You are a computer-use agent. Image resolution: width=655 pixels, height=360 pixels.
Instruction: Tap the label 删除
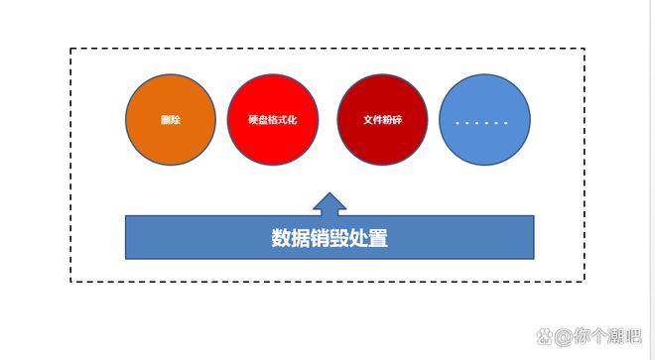pos(170,120)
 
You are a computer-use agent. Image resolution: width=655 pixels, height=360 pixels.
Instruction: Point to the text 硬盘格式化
pos(272,120)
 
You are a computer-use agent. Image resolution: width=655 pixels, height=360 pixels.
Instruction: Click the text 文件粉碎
pos(382,120)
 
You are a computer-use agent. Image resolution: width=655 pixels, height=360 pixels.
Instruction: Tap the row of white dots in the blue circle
pos(481,123)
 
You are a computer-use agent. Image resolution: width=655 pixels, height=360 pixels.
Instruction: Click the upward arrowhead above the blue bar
pos(329,203)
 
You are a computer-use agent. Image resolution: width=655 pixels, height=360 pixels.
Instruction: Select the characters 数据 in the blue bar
pos(286,238)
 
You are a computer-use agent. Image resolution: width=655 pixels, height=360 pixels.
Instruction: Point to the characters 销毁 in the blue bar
pos(329,238)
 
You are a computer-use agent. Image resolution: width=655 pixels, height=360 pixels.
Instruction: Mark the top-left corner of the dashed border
pos(70,49)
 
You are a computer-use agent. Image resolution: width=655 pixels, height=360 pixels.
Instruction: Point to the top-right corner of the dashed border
pos(584,49)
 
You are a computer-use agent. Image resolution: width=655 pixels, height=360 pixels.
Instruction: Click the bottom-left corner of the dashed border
pos(70,282)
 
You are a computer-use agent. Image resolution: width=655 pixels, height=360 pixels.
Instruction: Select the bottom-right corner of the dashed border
pos(584,282)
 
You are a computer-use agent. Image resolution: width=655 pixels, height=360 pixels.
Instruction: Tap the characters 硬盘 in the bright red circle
pos(257,120)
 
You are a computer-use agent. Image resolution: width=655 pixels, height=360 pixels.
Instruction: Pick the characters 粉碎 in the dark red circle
pos(392,120)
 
